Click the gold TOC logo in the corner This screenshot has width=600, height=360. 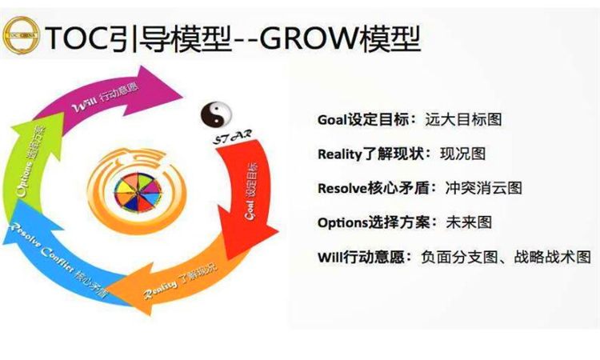tap(22, 34)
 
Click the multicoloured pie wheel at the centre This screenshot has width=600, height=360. tap(133, 190)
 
